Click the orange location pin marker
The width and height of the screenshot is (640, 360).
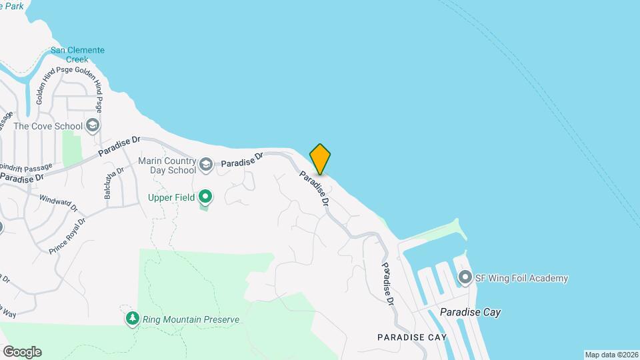[320, 159]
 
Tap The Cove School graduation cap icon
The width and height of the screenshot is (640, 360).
[93, 126]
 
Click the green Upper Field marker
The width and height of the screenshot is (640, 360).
[206, 197]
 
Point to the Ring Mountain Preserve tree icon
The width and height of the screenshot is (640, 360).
[133, 319]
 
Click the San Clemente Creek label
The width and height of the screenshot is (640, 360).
[77, 55]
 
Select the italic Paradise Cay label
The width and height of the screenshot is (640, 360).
[470, 312]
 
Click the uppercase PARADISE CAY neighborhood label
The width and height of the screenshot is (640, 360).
[411, 337]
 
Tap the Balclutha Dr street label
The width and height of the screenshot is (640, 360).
[110, 182]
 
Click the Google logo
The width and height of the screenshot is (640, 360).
[22, 352]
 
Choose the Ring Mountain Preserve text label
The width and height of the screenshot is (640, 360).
[191, 319]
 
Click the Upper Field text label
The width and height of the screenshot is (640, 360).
[172, 197]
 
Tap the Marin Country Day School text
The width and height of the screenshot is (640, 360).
[167, 165]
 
